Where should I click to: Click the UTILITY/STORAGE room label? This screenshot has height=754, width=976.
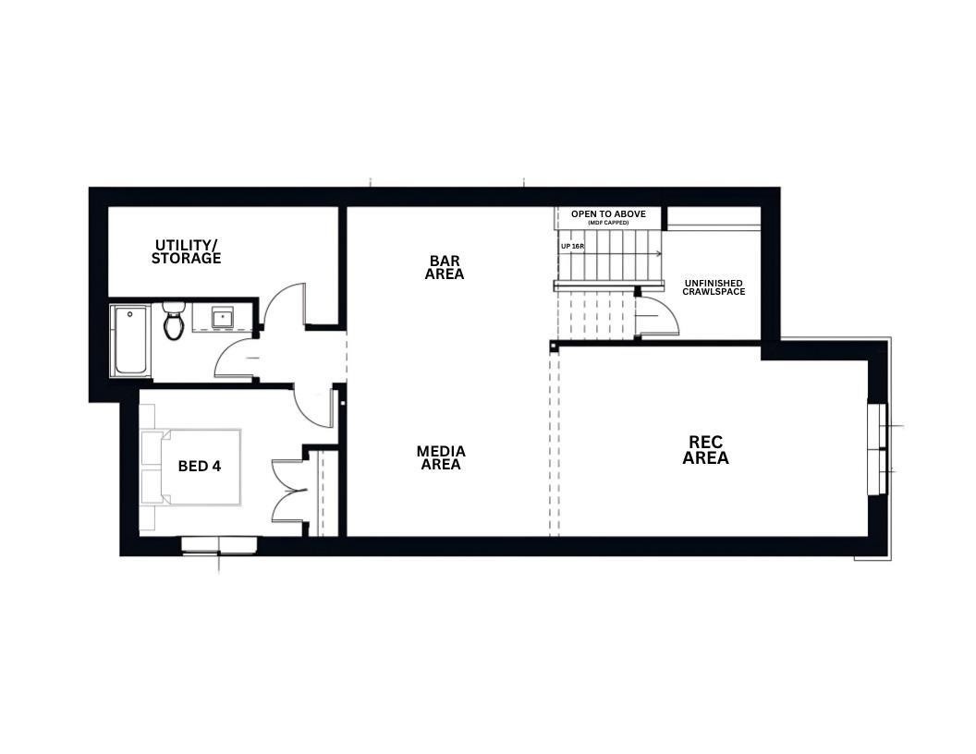(187, 252)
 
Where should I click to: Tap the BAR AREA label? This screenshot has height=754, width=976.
(445, 268)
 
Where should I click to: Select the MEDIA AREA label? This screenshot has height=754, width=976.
(441, 458)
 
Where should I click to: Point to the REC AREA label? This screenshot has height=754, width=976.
(706, 450)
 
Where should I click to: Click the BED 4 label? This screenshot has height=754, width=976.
(200, 467)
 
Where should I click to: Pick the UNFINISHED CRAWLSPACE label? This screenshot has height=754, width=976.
(714, 287)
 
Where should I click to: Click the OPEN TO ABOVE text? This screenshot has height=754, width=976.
(607, 213)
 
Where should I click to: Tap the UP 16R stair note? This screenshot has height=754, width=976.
(571, 247)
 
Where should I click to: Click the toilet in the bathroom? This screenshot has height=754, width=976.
(174, 322)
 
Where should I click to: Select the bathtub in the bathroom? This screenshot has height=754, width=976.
(130, 340)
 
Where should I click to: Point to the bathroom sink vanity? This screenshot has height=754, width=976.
(222, 319)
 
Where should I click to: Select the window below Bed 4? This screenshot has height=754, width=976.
(219, 545)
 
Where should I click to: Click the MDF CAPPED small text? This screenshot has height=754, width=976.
(607, 224)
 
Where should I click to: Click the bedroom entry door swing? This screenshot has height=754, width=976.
(314, 407)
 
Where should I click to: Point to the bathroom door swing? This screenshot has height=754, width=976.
(235, 359)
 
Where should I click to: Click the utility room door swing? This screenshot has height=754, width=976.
(285, 306)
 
